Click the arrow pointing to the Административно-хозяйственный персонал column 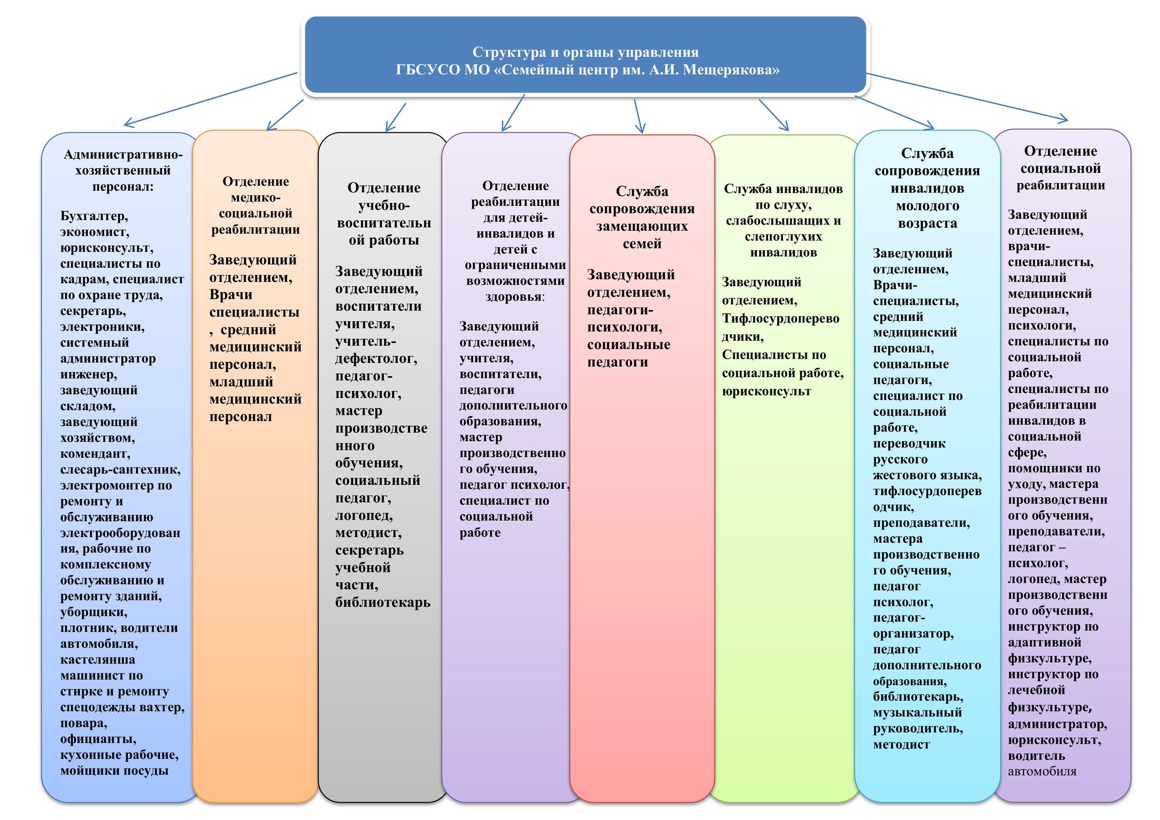point(210,99)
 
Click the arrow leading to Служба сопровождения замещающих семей point(638,116)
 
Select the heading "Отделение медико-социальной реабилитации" point(255,206)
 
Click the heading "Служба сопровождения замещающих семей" point(642,217)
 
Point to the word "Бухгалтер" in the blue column point(93,216)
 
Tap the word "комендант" point(95,454)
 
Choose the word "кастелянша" point(97,660)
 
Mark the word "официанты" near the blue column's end point(97,739)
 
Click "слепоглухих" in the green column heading point(783,237)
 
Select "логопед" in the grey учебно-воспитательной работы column point(363,516)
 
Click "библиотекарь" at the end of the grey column point(382,603)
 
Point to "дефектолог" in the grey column point(375,359)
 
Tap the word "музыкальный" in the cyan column point(917,713)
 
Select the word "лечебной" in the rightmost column point(1036,690)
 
